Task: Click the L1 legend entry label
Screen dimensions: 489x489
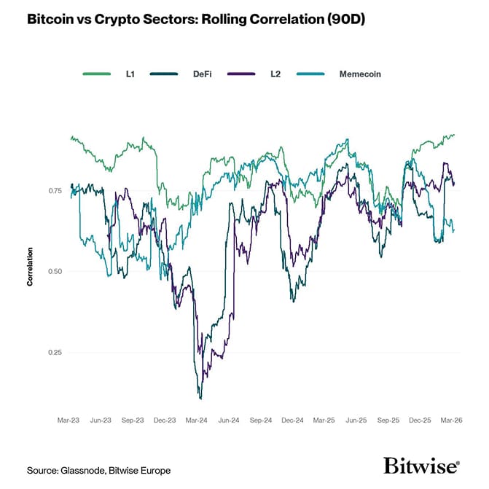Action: (x=130, y=74)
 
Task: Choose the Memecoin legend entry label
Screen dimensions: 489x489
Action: (x=360, y=74)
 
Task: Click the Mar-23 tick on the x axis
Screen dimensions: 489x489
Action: (x=69, y=420)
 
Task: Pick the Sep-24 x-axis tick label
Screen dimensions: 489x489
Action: (x=261, y=420)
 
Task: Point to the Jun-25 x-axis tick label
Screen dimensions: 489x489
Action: (x=356, y=420)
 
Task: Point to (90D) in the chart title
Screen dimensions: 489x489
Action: (x=343, y=20)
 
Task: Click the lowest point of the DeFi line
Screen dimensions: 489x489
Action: (x=200, y=398)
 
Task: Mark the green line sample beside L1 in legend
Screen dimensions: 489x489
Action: (x=97, y=74)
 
